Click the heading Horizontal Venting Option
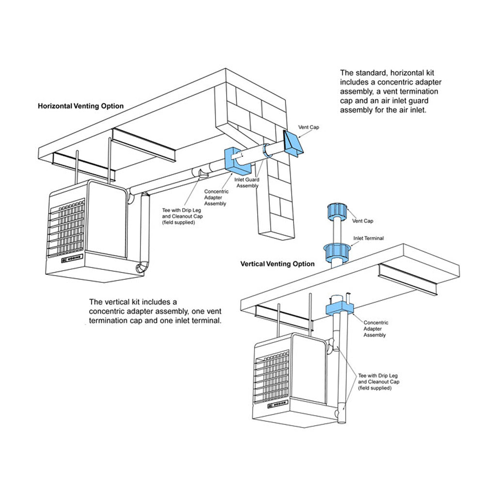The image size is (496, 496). [80, 106]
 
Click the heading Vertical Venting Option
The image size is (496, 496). [278, 264]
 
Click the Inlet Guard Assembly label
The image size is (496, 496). [247, 183]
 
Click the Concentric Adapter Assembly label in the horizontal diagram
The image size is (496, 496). [216, 198]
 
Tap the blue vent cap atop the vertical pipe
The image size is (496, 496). [336, 212]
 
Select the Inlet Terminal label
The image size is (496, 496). [368, 238]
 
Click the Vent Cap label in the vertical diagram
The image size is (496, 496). [363, 221]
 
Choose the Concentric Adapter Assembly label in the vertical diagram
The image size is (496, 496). [375, 328]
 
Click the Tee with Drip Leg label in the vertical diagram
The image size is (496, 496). [378, 382]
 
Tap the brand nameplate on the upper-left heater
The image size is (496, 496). [73, 258]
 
